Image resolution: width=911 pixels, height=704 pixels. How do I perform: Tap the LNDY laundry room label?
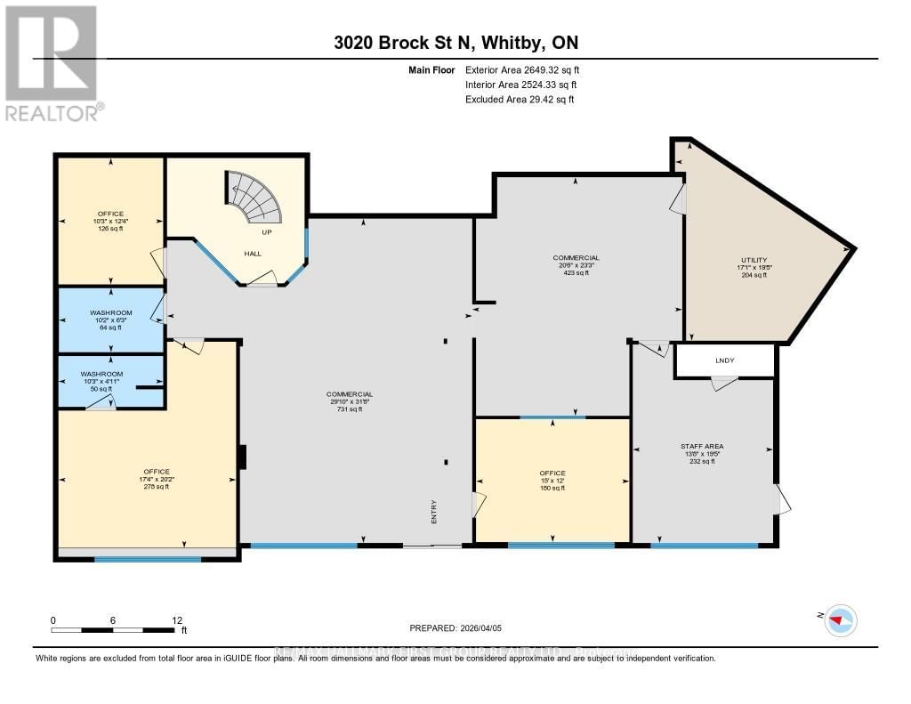point(725,360)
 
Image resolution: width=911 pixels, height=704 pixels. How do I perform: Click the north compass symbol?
point(841,620)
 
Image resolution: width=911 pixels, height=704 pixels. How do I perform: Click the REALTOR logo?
point(51,62)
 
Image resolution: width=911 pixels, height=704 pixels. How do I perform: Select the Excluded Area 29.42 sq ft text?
point(520,100)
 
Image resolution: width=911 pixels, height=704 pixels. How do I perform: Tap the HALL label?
point(253,254)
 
